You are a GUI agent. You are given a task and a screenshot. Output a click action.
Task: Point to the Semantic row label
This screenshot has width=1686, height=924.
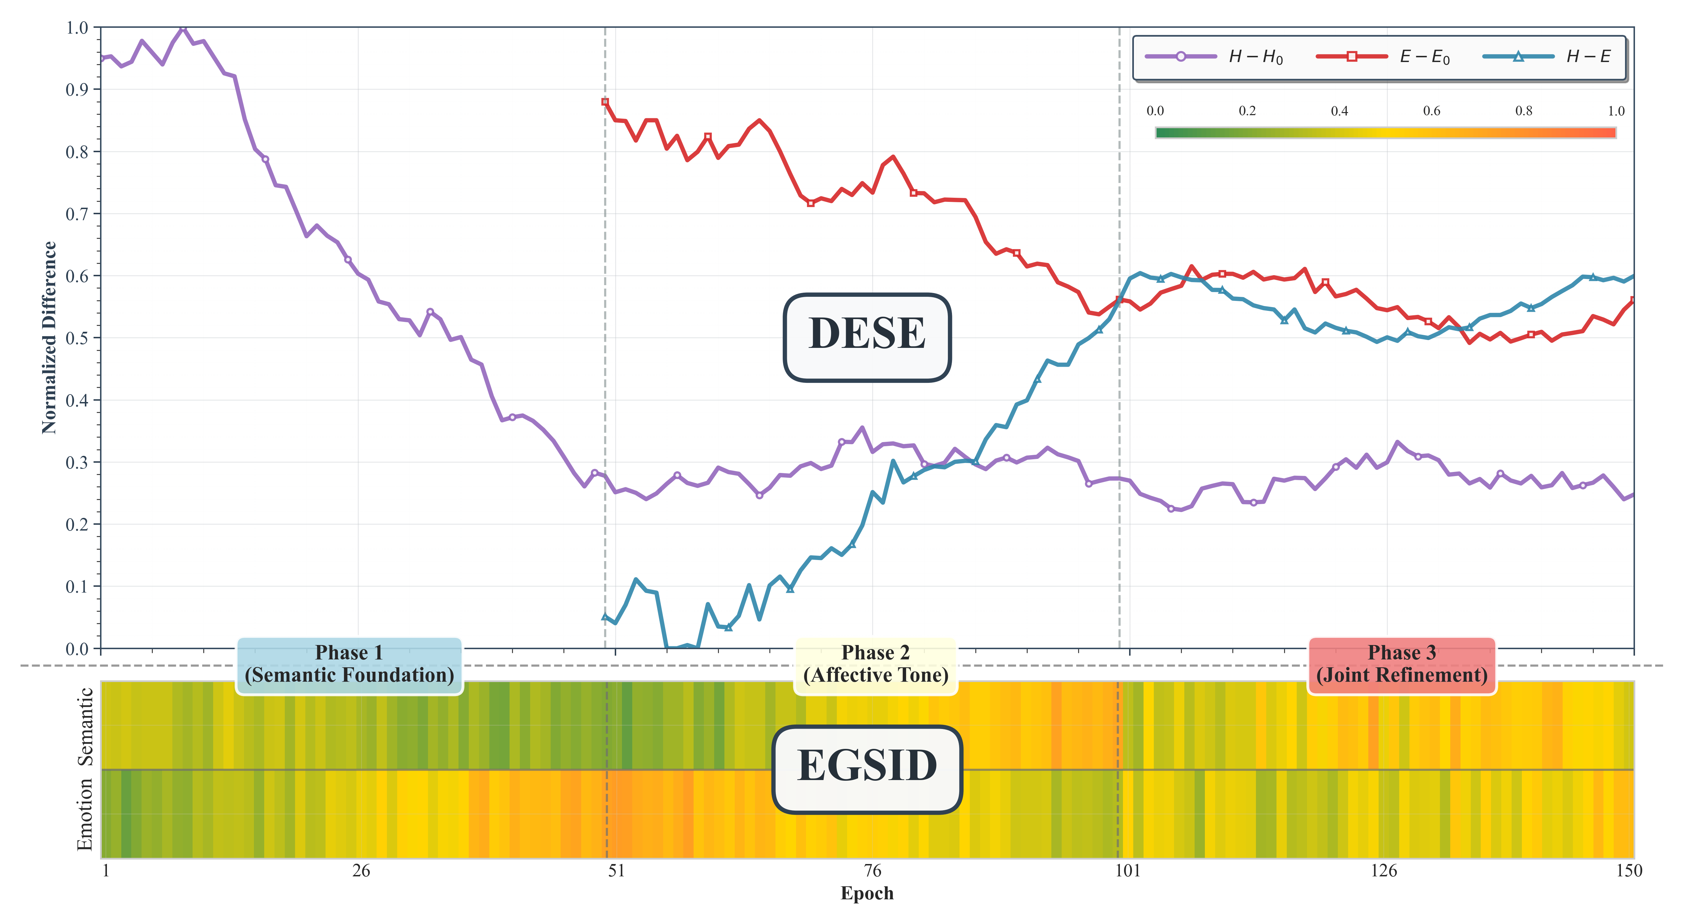click(x=85, y=726)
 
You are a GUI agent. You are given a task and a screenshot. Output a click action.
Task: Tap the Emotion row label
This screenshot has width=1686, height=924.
click(x=85, y=815)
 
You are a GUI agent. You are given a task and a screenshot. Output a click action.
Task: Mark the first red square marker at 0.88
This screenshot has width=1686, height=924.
click(x=605, y=102)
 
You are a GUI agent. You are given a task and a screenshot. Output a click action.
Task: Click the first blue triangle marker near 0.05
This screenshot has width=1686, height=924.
click(x=605, y=617)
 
